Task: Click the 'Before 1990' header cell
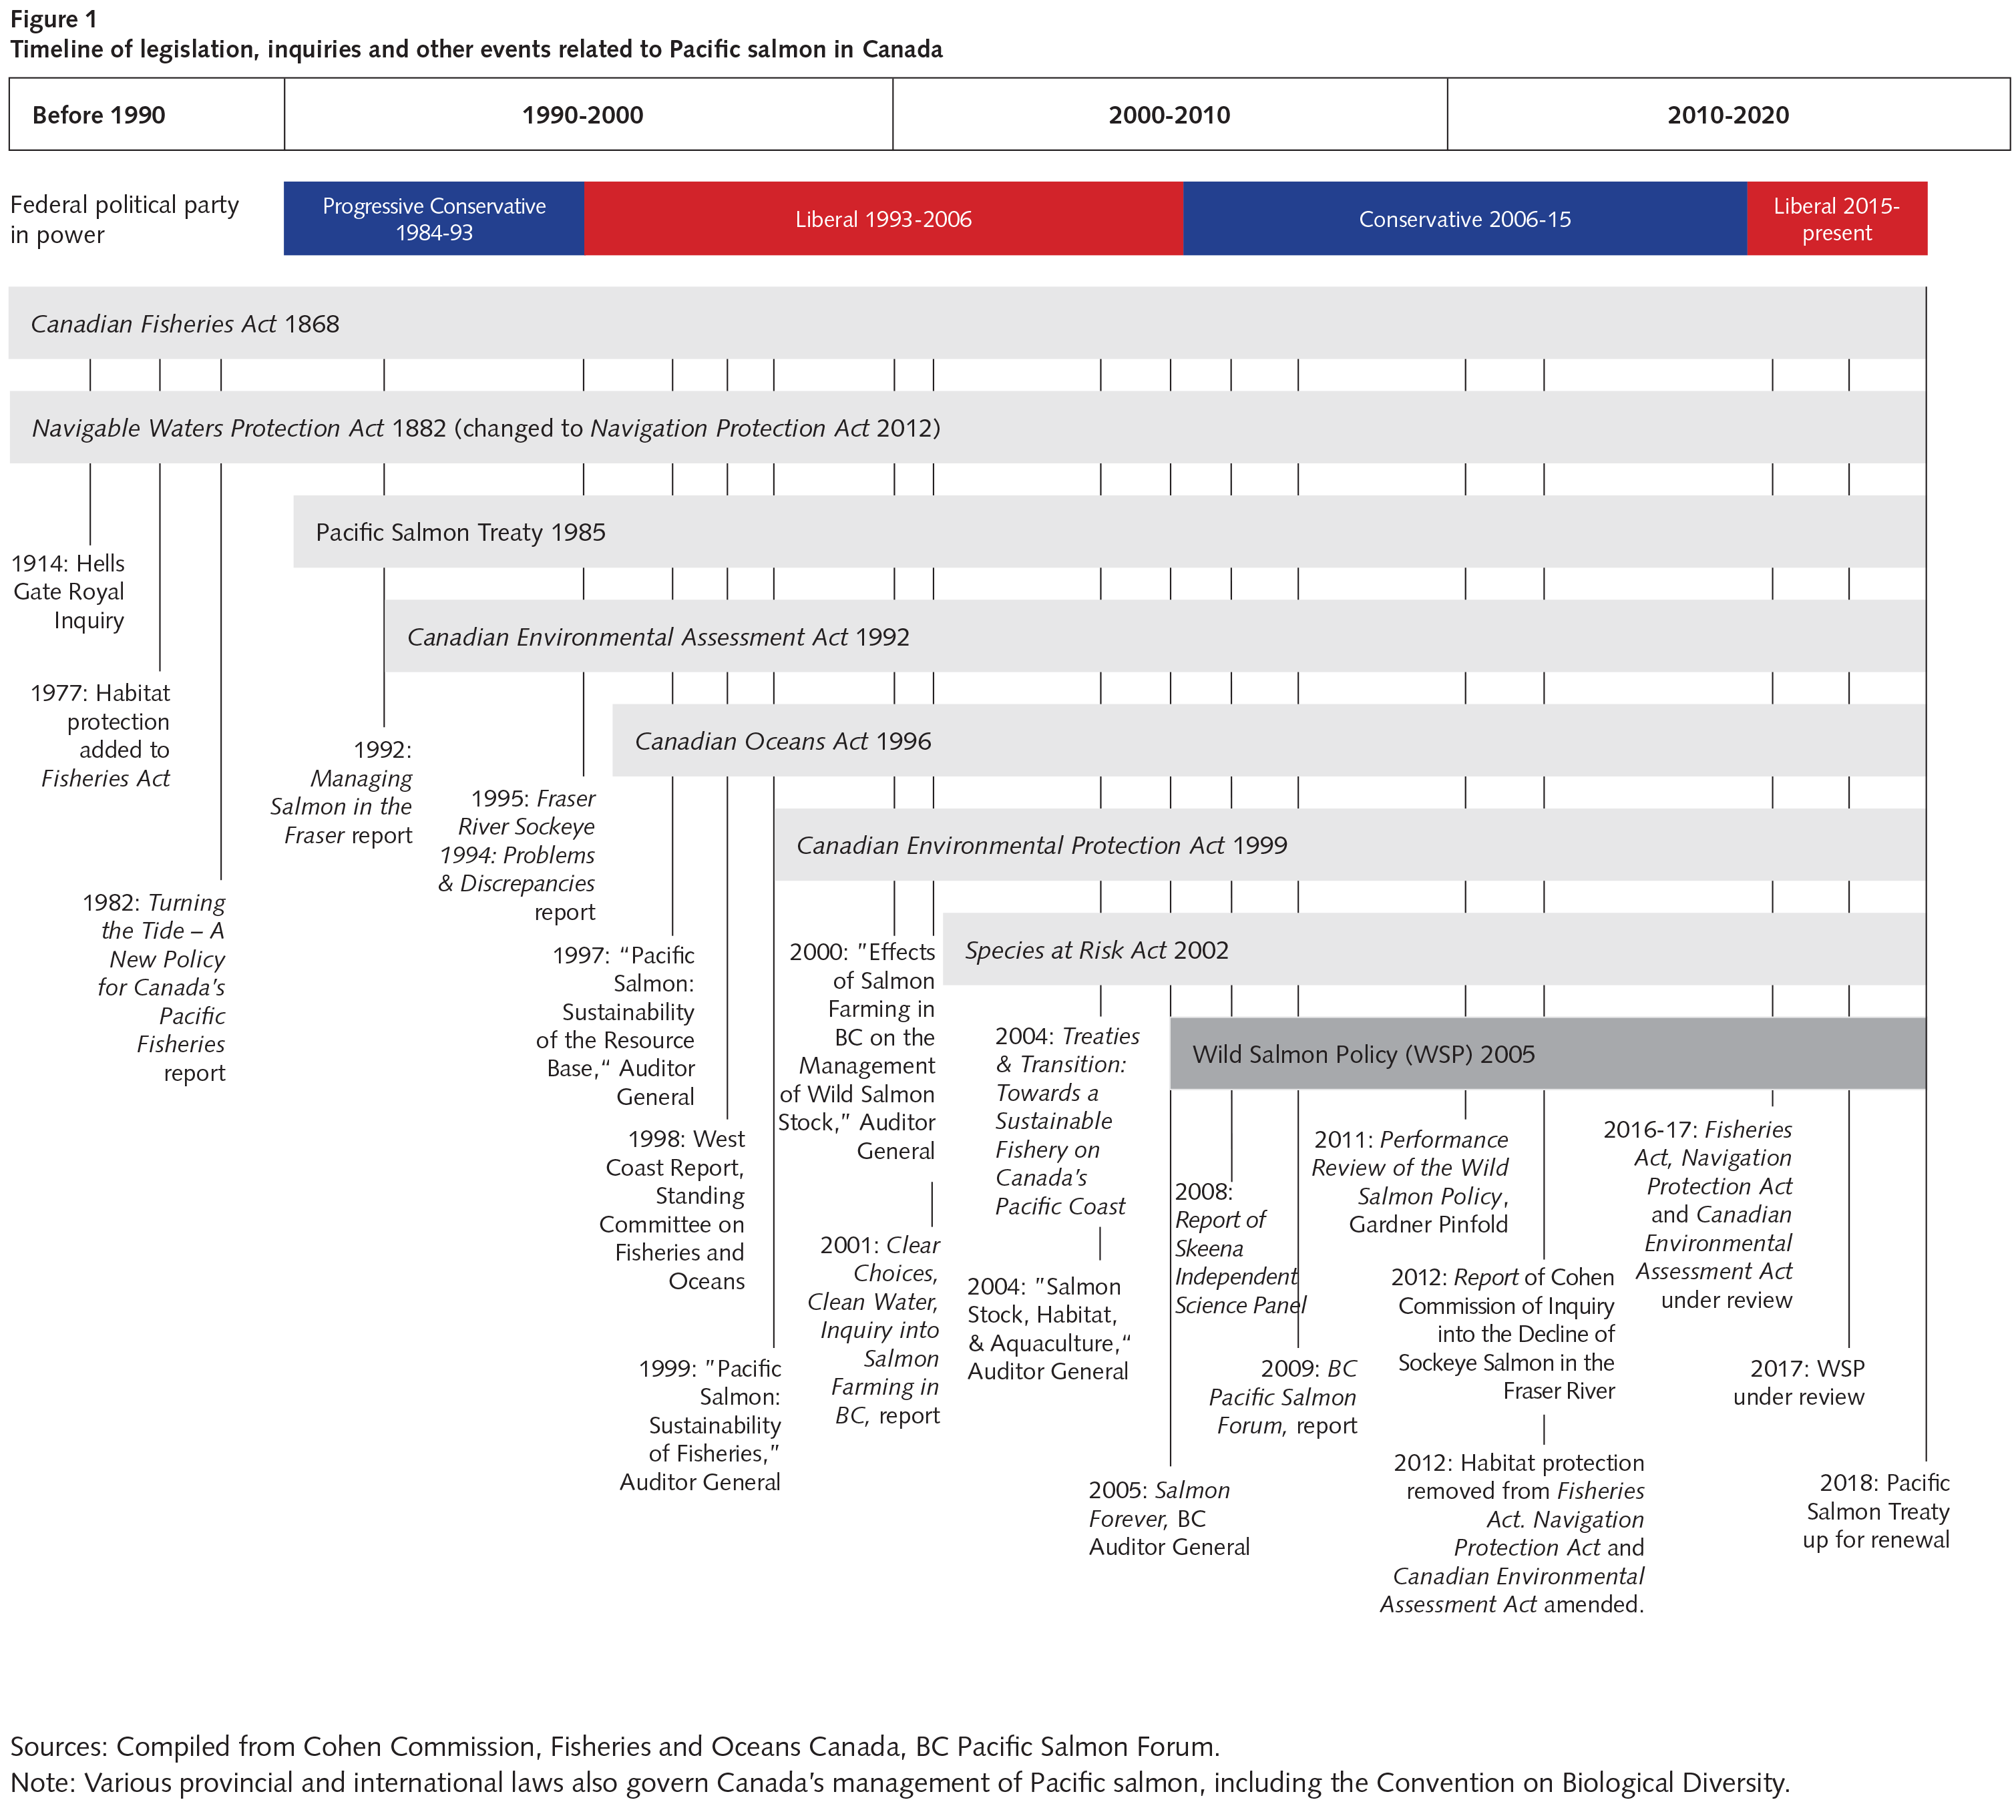[147, 115]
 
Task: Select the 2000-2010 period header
[1169, 115]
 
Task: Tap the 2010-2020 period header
[1729, 115]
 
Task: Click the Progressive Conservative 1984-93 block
[434, 219]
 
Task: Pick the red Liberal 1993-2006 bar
[883, 219]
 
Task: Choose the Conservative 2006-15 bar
[1465, 219]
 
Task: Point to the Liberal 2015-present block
[1836, 219]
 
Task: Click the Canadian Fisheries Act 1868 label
[186, 324]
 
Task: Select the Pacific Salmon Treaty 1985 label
[461, 532]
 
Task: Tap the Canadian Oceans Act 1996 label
[783, 741]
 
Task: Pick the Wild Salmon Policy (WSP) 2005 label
[1364, 1055]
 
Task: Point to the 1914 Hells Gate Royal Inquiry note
[68, 592]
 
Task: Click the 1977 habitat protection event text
[101, 736]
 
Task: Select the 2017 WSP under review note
[1799, 1383]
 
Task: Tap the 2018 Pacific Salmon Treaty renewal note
[1876, 1511]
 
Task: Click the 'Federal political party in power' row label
[125, 219]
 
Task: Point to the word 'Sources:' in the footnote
[59, 1747]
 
